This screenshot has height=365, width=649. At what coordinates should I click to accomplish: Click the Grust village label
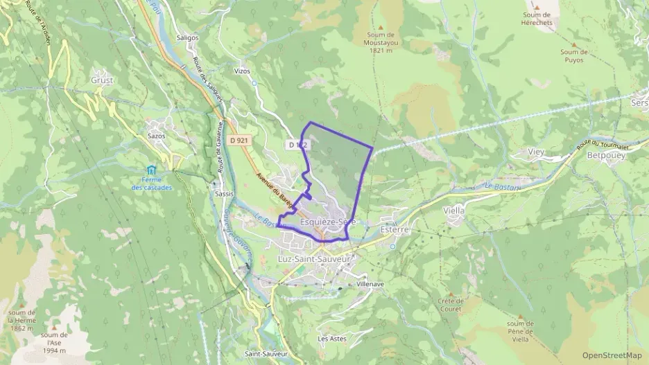102,80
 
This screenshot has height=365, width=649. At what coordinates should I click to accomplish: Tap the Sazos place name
157,136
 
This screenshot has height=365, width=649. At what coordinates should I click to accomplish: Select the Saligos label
187,37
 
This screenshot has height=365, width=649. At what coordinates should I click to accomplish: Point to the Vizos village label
242,71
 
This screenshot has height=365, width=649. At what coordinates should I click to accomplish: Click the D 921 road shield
238,141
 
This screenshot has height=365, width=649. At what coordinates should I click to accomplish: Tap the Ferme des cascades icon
151,170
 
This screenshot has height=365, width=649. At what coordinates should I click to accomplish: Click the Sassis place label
224,194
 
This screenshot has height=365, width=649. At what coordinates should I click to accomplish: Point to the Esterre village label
395,229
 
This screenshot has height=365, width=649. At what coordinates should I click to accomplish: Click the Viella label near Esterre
453,209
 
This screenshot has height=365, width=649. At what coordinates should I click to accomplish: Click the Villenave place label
370,284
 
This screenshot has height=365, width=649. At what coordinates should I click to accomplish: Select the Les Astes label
331,339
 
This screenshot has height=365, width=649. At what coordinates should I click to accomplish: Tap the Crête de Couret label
451,305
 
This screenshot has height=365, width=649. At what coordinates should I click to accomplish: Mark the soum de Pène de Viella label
520,331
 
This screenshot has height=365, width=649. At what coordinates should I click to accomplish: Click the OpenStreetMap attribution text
612,355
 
